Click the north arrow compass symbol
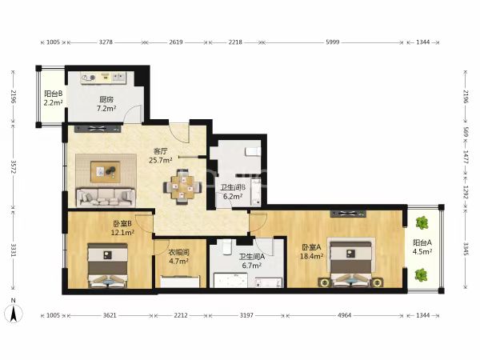tap(13, 311)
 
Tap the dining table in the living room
tap(182, 187)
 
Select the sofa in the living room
tap(106, 198)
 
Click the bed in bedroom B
tap(108, 266)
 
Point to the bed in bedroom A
tap(351, 263)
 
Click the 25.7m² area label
tap(161, 160)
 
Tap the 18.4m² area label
tap(311, 256)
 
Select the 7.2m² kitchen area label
tap(106, 108)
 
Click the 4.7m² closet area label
tap(178, 261)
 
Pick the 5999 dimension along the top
tap(333, 42)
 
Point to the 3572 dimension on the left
tap(13, 167)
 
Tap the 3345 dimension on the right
tap(466, 249)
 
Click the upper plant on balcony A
tap(422, 223)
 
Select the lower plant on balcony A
tap(422, 275)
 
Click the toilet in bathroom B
tap(253, 151)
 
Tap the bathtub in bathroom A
tap(230, 280)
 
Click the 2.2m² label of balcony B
tap(54, 102)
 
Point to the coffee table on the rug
tap(106, 172)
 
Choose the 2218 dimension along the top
tap(235, 42)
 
